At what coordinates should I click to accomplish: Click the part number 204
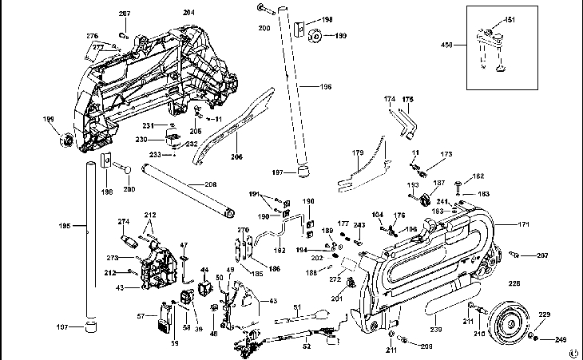pos(188,13)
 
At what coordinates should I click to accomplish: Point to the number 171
pos(524,225)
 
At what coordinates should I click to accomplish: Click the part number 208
pos(210,184)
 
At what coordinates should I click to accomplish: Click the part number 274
pos(124,222)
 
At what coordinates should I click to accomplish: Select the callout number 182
pos(478,176)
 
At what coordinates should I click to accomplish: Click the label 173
pos(446,154)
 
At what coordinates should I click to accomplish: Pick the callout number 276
pos(93,36)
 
